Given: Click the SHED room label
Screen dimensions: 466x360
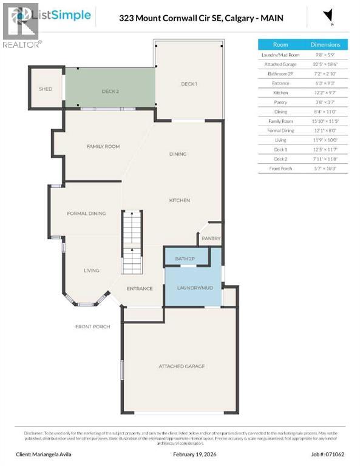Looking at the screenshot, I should [x=46, y=89].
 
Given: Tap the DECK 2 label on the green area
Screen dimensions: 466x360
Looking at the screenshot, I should [x=110, y=92].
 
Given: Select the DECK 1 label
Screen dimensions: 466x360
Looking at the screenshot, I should [x=189, y=83].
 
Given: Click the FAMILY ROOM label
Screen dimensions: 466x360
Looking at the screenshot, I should [x=103, y=146].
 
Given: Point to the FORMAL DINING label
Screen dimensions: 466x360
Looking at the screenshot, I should [x=86, y=213].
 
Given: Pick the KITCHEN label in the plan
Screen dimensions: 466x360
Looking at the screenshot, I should [x=180, y=200].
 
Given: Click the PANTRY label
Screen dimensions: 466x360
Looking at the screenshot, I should [x=211, y=238].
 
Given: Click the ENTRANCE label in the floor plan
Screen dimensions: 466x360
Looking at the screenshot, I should [x=139, y=288].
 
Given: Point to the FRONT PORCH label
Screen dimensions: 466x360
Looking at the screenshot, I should [x=93, y=326].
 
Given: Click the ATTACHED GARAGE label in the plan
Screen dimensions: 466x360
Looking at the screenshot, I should [x=182, y=366].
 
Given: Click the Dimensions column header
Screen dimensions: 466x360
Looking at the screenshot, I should [x=325, y=44].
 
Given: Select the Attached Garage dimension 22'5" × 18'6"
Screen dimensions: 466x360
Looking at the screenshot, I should [x=325, y=64].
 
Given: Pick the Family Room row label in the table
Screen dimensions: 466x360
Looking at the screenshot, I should [x=280, y=121].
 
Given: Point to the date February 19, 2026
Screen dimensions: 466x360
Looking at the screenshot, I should [x=180, y=453].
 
